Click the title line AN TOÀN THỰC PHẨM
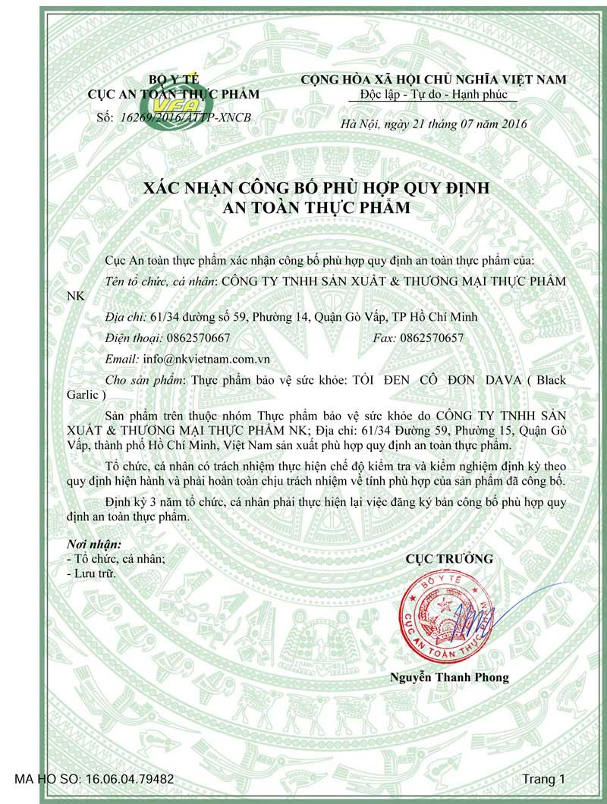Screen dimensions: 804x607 tap(303, 207)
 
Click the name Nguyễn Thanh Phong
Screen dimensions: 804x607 tap(450, 677)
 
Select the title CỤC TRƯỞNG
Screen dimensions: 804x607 tap(449, 559)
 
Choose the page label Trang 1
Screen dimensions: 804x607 tap(543, 779)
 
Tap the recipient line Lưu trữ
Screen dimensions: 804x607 tap(94, 574)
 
